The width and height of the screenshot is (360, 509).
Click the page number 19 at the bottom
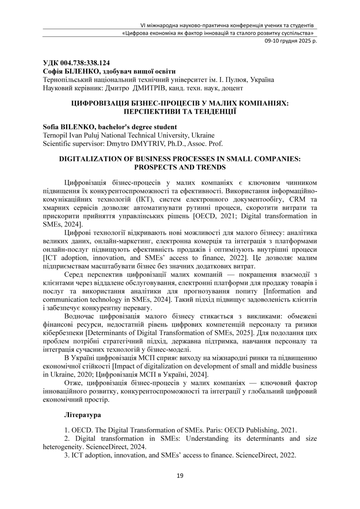180,476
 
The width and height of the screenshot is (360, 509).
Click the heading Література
83,415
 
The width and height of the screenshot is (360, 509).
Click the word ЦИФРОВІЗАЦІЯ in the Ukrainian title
97,104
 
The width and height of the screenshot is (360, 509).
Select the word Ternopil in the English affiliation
55,135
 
